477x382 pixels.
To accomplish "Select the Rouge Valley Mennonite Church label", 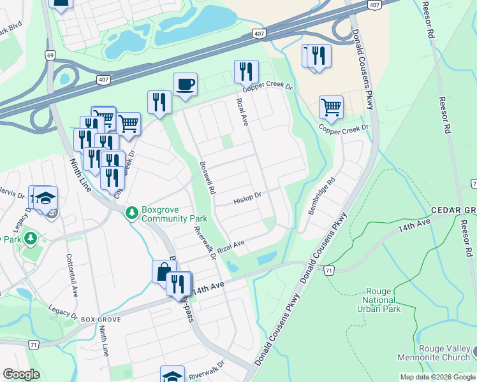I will tap(437, 353).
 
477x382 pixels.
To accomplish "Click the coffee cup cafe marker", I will tap(185, 84).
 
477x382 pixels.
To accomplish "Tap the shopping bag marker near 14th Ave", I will tap(164, 271).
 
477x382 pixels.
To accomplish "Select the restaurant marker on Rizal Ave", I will tap(246, 71).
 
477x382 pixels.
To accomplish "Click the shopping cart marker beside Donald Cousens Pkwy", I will tap(331, 107).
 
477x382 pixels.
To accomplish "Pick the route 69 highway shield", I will tap(49, 56).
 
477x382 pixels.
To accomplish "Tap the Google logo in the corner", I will tap(21, 374).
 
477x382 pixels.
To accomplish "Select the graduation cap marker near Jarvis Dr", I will tap(46, 197).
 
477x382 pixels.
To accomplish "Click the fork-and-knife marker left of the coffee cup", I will tap(159, 102).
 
